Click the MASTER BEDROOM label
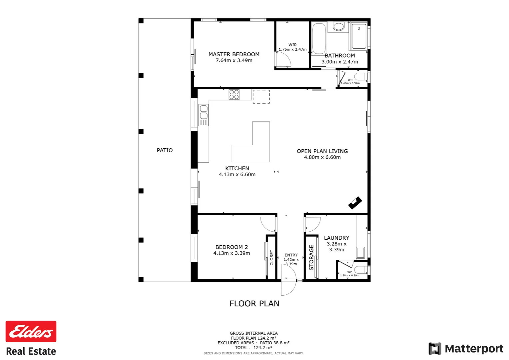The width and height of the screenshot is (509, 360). pos(234,54)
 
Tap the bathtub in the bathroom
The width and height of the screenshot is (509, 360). pos(319,38)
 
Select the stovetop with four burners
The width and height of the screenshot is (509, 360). pos(234,95)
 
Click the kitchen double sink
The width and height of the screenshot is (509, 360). pos(203,115)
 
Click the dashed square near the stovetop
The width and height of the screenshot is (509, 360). pos(261,97)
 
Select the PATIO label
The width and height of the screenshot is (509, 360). pos(165,150)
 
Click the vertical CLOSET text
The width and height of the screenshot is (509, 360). pos(272,258)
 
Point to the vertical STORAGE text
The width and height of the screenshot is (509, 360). pos(311,258)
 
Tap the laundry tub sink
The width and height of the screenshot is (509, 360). pos(360,252)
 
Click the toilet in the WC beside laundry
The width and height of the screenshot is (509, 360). pos(361,270)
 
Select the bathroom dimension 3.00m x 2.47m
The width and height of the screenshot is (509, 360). pos(339,62)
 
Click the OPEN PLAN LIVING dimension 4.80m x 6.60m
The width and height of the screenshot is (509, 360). pos(322,157)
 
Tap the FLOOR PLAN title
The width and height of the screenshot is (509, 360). pos(254,304)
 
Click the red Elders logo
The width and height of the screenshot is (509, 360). pos(31,331)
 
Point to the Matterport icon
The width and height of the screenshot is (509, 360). pos(434,349)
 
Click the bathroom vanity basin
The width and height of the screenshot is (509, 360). pos(339,26)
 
